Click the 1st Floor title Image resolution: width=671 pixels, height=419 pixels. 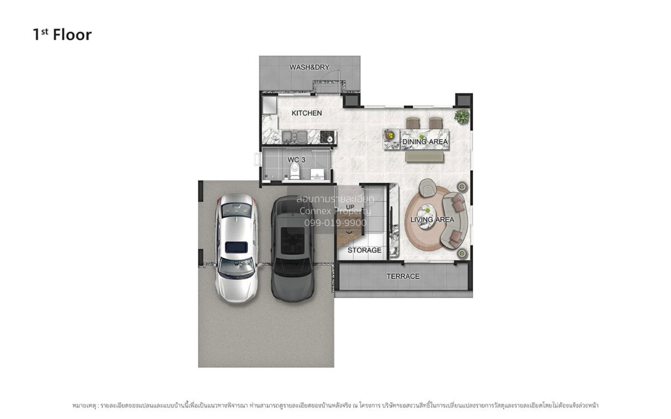pyautogui.click(x=62, y=35)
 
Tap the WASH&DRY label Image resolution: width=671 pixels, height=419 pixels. pyautogui.click(x=309, y=68)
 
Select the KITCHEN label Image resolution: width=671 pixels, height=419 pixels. pyautogui.click(x=307, y=113)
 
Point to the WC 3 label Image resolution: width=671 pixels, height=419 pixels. pyautogui.click(x=296, y=160)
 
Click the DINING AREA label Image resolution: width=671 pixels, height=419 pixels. pyautogui.click(x=425, y=141)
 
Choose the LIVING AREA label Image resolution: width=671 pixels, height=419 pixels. pyautogui.click(x=432, y=220)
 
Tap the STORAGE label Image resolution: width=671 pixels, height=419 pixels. pyautogui.click(x=364, y=250)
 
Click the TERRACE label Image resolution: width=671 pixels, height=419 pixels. pyautogui.click(x=403, y=276)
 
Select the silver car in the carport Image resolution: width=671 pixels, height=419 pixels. pyautogui.click(x=237, y=249)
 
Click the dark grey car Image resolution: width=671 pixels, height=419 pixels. pyautogui.click(x=292, y=249)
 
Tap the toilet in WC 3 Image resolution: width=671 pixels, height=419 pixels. pyautogui.click(x=295, y=171)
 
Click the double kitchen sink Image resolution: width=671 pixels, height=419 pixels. pyautogui.click(x=295, y=137)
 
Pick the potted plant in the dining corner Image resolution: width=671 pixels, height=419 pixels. pyautogui.click(x=462, y=116)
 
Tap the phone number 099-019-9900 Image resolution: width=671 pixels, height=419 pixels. pyautogui.click(x=335, y=223)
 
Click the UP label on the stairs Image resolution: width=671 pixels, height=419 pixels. pyautogui.click(x=350, y=207)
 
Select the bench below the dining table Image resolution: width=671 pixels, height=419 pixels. pyautogui.click(x=424, y=157)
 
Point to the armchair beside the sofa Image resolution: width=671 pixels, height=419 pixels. pyautogui.click(x=427, y=188)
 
